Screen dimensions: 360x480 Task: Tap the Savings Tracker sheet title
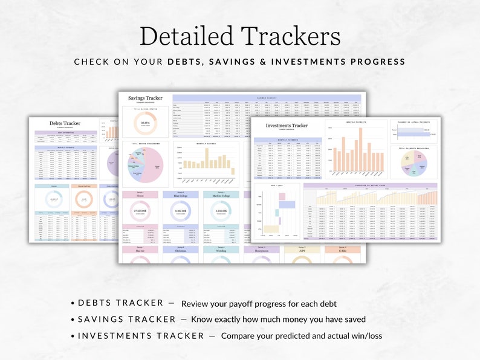click(145, 98)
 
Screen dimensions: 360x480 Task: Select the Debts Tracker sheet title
click(64, 123)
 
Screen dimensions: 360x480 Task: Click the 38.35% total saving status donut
click(145, 123)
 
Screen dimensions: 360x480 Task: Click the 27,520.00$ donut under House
click(140, 211)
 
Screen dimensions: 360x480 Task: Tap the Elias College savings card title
click(180, 196)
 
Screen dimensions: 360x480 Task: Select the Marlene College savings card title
click(221, 196)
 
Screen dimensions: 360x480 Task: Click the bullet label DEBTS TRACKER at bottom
click(120, 303)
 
